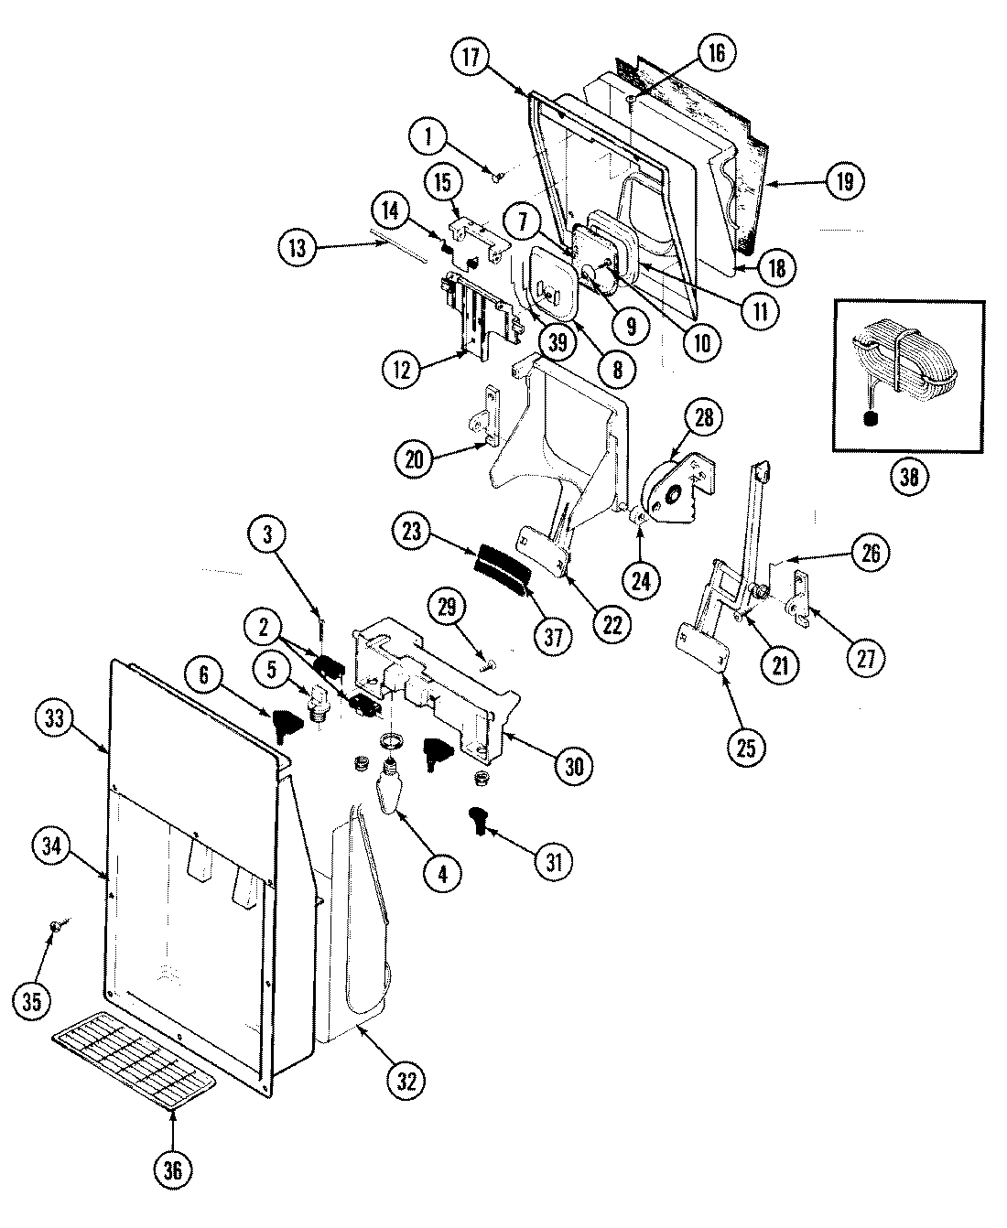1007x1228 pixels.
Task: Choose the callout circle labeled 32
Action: click(x=406, y=1080)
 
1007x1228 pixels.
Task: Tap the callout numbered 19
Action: click(x=843, y=181)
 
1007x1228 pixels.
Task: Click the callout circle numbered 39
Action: click(x=557, y=342)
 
